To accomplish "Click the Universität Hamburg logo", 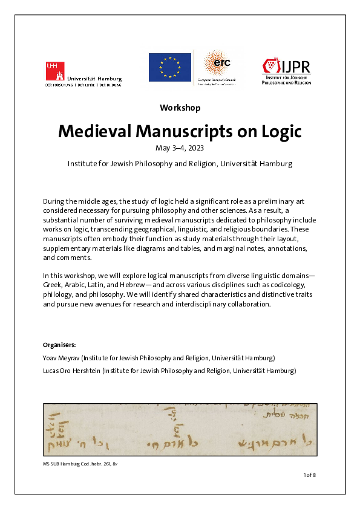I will click(83, 73).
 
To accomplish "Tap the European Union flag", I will click(170, 66).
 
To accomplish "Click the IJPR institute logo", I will click(287, 72).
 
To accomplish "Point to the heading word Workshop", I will click(180, 108).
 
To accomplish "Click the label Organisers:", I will click(59, 345).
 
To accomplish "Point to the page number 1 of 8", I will click(309, 475).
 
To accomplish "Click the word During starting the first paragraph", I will click(55, 200).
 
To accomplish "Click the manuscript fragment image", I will click(180, 429).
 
